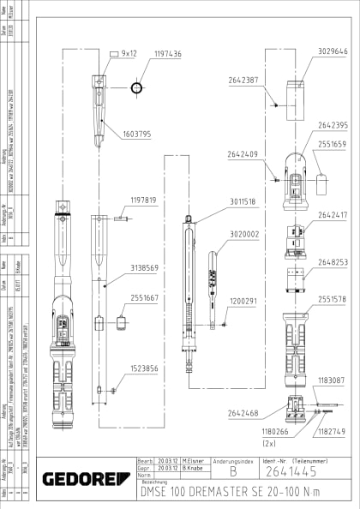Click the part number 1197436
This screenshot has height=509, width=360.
(167, 53)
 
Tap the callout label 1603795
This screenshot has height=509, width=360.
(137, 134)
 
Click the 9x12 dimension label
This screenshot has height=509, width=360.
(129, 53)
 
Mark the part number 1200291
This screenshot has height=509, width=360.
(243, 301)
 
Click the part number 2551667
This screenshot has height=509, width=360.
(145, 298)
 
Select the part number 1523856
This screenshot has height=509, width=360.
(145, 368)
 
